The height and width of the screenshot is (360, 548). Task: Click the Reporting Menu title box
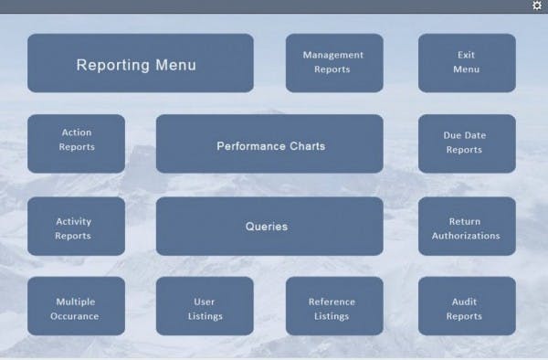tap(140, 63)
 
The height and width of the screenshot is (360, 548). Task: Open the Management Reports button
tap(333, 63)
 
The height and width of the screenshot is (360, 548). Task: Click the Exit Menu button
tap(467, 63)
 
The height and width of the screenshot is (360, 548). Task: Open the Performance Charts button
tap(269, 143)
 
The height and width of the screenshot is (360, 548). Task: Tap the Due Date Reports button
tap(467, 143)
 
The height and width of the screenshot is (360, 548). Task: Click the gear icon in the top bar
tap(537, 5)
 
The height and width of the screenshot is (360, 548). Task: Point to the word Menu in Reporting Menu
tap(174, 65)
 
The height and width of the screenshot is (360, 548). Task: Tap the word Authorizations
tap(465, 236)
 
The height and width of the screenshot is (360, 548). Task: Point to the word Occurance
tap(76, 316)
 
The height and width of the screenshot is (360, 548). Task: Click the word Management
tap(333, 55)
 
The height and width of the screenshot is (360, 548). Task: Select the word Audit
tap(464, 302)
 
